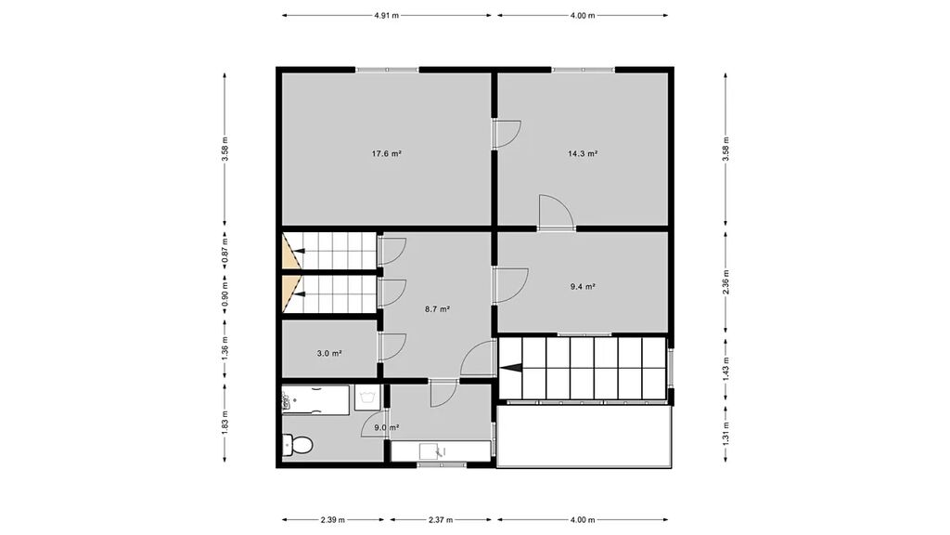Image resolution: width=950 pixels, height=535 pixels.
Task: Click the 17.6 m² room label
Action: (x=387, y=154)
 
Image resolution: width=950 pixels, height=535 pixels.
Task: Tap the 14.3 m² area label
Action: (x=583, y=154)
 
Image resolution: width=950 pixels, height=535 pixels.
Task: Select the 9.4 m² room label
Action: (x=583, y=287)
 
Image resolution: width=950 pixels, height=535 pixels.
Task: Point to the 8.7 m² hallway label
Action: (x=438, y=309)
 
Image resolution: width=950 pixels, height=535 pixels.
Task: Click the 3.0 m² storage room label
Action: (x=329, y=353)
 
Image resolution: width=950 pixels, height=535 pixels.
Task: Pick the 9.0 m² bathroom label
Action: (x=387, y=427)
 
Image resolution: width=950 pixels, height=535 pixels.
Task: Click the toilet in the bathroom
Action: (x=298, y=446)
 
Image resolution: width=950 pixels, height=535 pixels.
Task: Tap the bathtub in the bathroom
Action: (x=315, y=400)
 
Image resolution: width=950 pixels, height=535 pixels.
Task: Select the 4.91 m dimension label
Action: (x=387, y=16)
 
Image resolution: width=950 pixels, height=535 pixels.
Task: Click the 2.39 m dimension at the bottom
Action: (x=333, y=520)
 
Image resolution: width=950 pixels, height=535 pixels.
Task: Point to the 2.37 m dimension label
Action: (x=441, y=520)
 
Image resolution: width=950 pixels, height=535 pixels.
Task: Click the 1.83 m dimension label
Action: (x=225, y=423)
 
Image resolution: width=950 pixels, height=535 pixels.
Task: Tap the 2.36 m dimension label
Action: (x=725, y=281)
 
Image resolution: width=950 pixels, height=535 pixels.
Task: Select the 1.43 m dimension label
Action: (x=725, y=368)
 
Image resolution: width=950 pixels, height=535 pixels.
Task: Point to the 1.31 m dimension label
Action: (x=725, y=433)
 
